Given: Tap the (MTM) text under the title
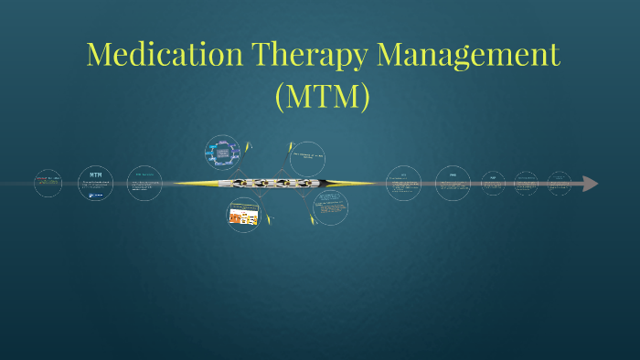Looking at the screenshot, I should (x=322, y=95).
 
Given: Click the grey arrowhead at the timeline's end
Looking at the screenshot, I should (x=590, y=184).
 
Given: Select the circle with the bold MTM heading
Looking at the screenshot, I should (x=96, y=184).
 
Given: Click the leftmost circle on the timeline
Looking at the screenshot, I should (x=48, y=183).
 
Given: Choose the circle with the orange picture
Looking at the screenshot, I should (x=243, y=215).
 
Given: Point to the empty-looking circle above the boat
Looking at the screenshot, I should (x=307, y=158).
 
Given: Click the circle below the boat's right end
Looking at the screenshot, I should (x=330, y=207).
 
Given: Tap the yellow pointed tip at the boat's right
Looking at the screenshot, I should (x=373, y=184).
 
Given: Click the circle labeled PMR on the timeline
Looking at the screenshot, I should (x=453, y=183).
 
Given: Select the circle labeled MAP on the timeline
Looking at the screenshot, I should (x=493, y=183).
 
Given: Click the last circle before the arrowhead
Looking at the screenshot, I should (x=560, y=183).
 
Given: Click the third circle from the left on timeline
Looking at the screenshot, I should (x=144, y=183).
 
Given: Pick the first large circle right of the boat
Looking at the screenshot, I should (x=403, y=183).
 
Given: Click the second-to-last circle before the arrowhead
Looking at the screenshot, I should (x=527, y=183).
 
